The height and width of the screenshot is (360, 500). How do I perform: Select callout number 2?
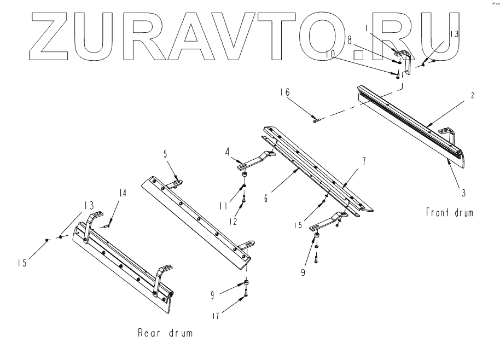point(473,95)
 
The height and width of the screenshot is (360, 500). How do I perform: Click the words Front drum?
point(449,212)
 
